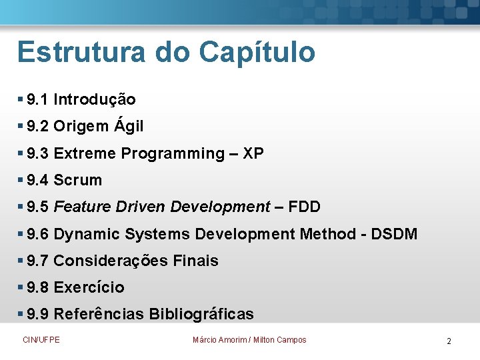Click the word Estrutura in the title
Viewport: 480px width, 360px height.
pos(79,52)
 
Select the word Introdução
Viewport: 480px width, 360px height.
pos(95,100)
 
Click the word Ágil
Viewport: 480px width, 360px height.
pos(128,126)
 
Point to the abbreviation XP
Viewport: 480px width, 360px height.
pos(253,153)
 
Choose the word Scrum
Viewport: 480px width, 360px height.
pos(78,180)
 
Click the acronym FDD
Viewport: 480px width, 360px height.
pos(305,207)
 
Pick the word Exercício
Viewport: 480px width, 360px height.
pos(89,287)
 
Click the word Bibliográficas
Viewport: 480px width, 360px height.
pos(201,314)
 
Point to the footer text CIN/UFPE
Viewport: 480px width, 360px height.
pos(41,340)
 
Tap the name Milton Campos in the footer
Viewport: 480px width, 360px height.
pos(280,340)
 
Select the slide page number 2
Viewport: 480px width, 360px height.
pos(449,341)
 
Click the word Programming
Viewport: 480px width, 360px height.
pos(173,154)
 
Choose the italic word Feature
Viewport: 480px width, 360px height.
pos(82,207)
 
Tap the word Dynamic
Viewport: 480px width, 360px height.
pos(82,234)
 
